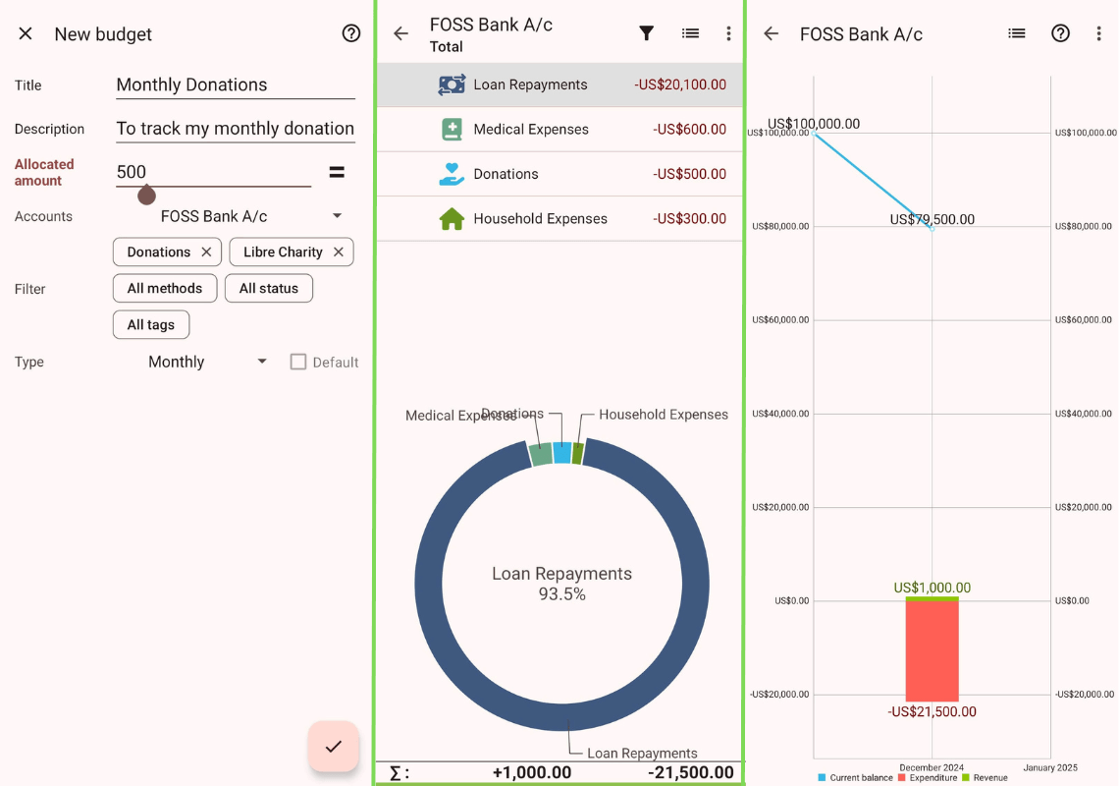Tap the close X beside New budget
26,33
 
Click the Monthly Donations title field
235,84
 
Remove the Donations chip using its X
206,253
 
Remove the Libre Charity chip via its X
339,253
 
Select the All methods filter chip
165,288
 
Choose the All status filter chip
269,288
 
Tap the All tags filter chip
151,324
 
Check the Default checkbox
298,362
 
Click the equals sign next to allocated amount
337,172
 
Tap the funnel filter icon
646,33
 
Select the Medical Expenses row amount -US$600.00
689,130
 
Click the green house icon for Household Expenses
452,219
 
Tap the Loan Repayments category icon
452,84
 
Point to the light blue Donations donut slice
562,452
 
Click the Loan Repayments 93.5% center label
561,584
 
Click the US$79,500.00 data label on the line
932,219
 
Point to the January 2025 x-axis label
1050,767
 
